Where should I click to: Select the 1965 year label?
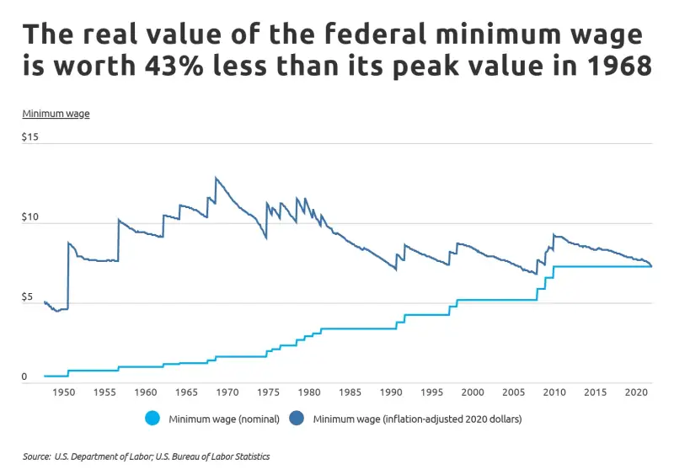pyautogui.click(x=186, y=393)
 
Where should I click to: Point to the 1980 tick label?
pyautogui.click(x=309, y=393)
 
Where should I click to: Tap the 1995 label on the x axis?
pyautogui.click(x=431, y=393)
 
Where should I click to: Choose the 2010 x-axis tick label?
pyautogui.click(x=554, y=393)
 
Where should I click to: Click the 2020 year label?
pyautogui.click(x=635, y=393)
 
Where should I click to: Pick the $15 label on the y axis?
pyautogui.click(x=30, y=136)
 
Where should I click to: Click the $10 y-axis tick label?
pyautogui.click(x=30, y=217)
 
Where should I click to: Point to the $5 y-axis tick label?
pyautogui.click(x=28, y=297)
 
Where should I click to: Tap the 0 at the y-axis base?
pyautogui.click(x=24, y=377)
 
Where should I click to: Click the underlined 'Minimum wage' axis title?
pyautogui.click(x=56, y=113)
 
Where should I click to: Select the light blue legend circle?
pyautogui.click(x=152, y=418)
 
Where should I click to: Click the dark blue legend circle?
pyautogui.click(x=297, y=418)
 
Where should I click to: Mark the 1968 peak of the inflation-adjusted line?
pyautogui.click(x=216, y=178)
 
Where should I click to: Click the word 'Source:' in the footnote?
pyautogui.click(x=36, y=457)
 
